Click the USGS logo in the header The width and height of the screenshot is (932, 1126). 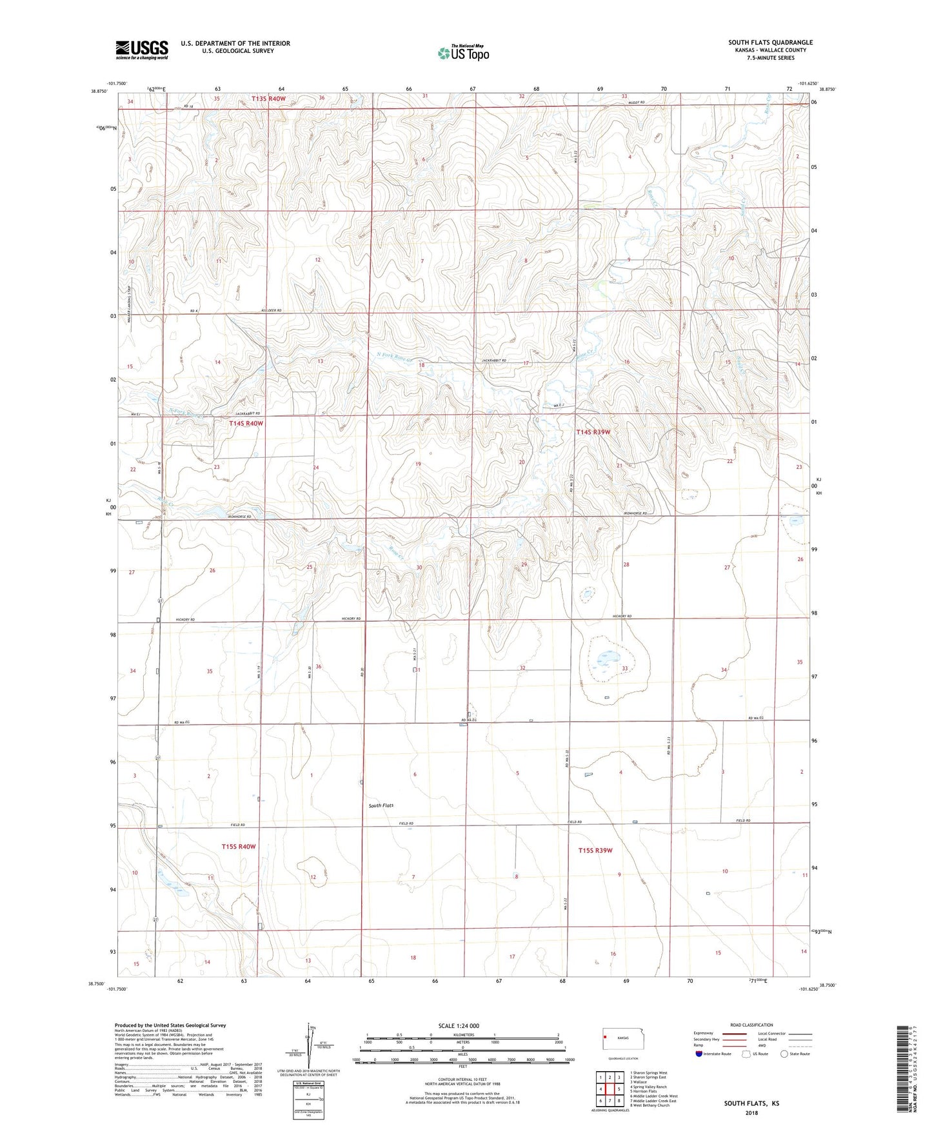coord(142,50)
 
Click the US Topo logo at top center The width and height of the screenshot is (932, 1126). coord(463,53)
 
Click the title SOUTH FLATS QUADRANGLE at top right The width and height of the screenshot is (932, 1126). coord(770,43)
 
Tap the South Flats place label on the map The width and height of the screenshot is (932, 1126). coord(381,805)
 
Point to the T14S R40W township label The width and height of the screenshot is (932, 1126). coord(246,423)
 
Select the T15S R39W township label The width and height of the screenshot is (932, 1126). coord(595,850)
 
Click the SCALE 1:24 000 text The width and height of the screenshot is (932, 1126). coord(459,1025)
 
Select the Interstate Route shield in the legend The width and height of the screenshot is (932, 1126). coord(700,1054)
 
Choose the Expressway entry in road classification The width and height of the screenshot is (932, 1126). coord(704,1032)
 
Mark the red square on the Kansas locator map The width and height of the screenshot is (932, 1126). coord(607,1038)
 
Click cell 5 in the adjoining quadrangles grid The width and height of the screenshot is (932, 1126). coord(619,1089)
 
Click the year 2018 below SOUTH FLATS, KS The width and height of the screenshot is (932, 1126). coord(751,1113)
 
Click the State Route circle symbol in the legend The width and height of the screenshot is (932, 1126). coord(784,1054)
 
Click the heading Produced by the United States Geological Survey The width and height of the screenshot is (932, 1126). coord(170,1025)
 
